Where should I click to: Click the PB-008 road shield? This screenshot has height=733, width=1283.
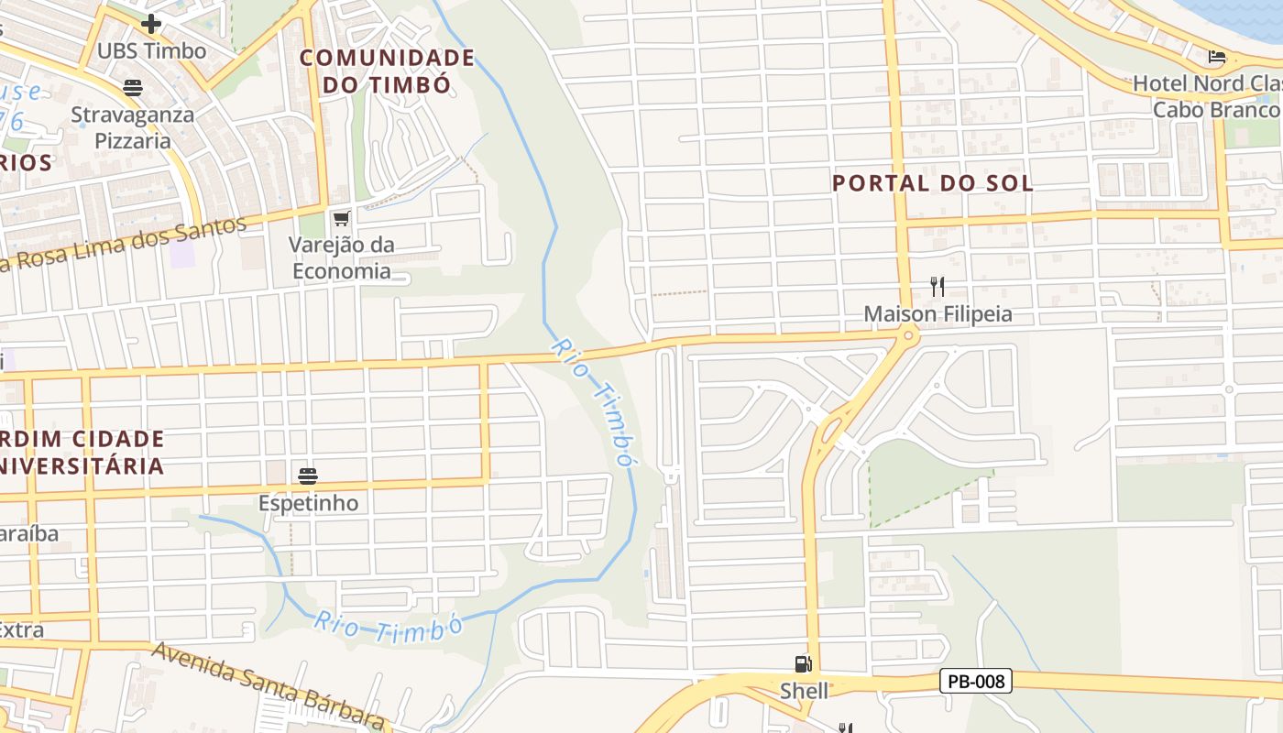coord(975,681)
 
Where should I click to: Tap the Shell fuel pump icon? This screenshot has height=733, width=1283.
coord(803,664)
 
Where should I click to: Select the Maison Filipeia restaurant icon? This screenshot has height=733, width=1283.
coord(937,287)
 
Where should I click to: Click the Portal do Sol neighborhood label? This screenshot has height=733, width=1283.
coord(932,182)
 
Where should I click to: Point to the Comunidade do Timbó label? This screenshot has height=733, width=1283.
coord(387,71)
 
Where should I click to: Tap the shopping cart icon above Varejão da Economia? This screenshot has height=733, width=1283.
coord(342,218)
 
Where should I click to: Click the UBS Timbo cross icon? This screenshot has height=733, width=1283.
coord(151,24)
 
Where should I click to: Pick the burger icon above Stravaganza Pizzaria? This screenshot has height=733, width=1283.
coord(133,88)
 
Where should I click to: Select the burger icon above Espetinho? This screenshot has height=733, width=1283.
coord(307,476)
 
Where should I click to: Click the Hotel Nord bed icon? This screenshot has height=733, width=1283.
coord(1217,57)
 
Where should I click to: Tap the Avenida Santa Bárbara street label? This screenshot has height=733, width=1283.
coord(266,684)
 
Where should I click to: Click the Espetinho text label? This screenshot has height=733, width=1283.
coord(308,503)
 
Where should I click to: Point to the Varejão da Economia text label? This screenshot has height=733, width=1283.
coord(341,257)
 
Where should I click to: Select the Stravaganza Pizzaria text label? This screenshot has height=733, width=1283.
coord(133,127)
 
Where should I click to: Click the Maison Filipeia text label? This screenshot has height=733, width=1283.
coord(938,314)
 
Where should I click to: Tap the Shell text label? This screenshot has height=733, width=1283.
coord(804,690)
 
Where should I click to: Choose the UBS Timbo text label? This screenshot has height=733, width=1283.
coord(151,50)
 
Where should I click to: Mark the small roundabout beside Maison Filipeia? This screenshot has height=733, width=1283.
coord(908,336)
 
